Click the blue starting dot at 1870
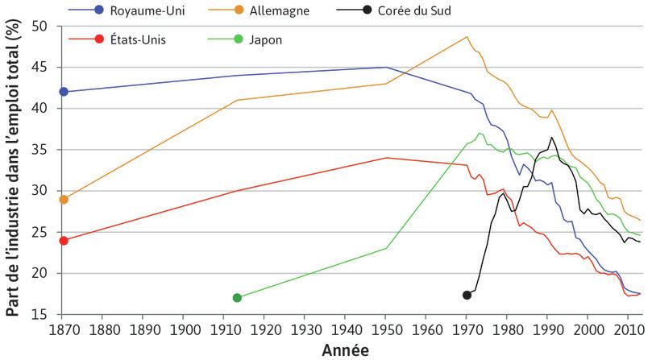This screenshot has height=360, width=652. click(64, 92)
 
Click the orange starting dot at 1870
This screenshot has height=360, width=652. click(64, 199)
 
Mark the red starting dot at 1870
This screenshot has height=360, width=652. click(64, 240)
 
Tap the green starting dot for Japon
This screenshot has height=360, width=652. click(237, 298)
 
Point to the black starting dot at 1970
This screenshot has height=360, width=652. click(467, 296)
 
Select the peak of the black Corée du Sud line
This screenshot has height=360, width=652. click(551, 138)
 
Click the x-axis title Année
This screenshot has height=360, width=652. click(346, 350)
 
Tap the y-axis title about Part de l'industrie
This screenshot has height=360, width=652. click(14, 169)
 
